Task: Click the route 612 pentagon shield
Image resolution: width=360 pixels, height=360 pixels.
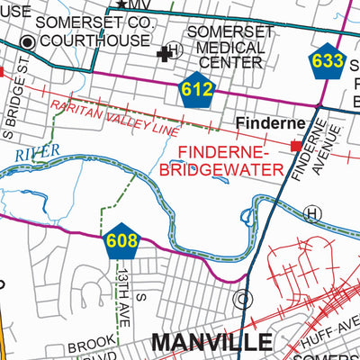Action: pos(196,89)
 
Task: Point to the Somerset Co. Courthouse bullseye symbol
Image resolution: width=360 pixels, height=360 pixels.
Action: pos(28,41)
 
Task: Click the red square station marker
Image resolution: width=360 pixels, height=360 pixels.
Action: pos(295,146)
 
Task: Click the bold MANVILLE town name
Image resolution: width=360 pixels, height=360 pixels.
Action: pos(211,342)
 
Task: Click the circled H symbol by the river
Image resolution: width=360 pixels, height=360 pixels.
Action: pos(312,213)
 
